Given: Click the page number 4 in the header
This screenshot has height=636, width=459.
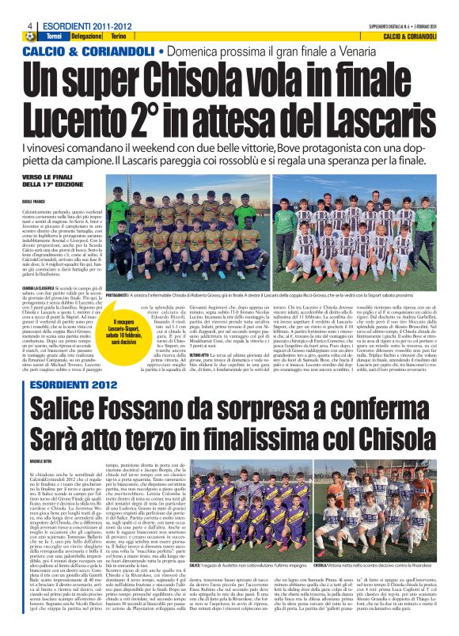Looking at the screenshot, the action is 7,6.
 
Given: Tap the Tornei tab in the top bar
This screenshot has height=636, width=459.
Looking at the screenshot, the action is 55,15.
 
